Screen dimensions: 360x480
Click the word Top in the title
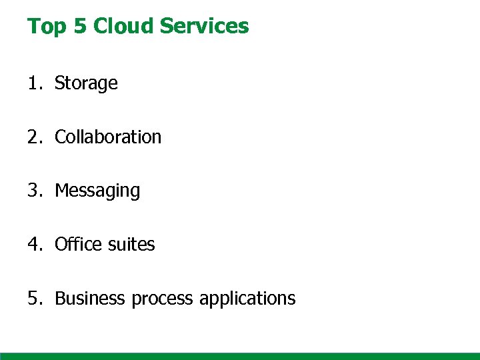coord(43,27)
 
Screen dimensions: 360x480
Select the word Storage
coord(86,84)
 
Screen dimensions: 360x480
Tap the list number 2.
coord(33,137)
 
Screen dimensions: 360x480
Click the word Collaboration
coord(108,137)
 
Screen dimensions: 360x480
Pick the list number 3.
coord(33,191)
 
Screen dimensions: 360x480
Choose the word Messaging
coord(97,191)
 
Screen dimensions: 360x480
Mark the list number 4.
coord(33,245)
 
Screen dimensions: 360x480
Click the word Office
coord(77,245)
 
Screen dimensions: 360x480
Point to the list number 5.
coord(33,298)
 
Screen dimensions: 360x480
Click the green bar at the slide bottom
coord(240,356)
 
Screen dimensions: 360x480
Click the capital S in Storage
coord(59,83)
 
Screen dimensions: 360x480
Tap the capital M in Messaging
coord(61,191)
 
